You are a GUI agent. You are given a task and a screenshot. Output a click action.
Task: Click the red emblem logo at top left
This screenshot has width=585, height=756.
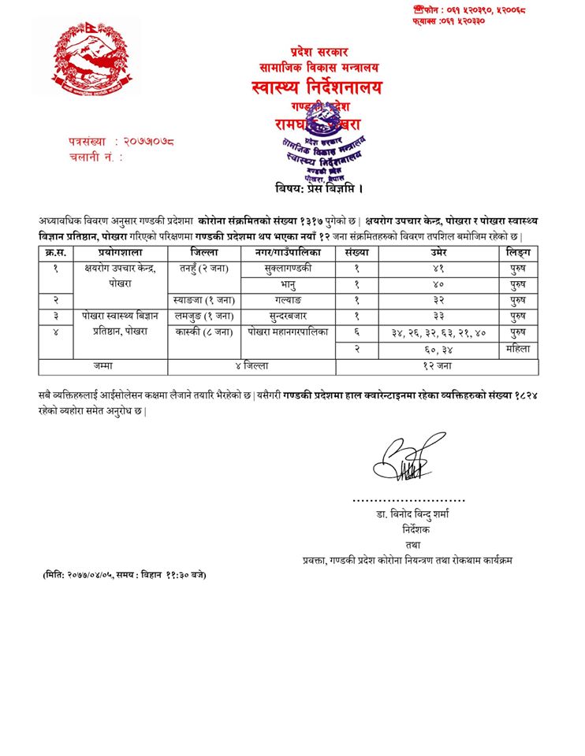click(87, 59)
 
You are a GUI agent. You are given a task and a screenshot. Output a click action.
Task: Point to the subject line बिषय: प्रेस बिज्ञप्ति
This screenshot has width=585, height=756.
click(319, 189)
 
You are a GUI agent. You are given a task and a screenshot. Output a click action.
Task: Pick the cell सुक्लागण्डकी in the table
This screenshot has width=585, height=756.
click(288, 269)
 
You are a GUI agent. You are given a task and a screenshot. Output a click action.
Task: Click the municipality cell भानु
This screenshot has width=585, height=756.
click(289, 284)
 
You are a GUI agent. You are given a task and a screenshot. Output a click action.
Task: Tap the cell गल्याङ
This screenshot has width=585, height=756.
click(288, 300)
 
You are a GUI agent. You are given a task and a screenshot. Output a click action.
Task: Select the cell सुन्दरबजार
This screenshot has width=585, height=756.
click(288, 316)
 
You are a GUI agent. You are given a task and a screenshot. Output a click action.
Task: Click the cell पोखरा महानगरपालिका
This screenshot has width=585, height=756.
click(288, 332)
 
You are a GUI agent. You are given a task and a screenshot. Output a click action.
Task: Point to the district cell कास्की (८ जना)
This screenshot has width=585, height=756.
click(204, 332)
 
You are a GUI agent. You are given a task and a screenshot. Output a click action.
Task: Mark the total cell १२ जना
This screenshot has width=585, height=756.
click(438, 366)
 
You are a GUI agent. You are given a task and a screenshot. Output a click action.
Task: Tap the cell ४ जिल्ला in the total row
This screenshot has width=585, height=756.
click(252, 366)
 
